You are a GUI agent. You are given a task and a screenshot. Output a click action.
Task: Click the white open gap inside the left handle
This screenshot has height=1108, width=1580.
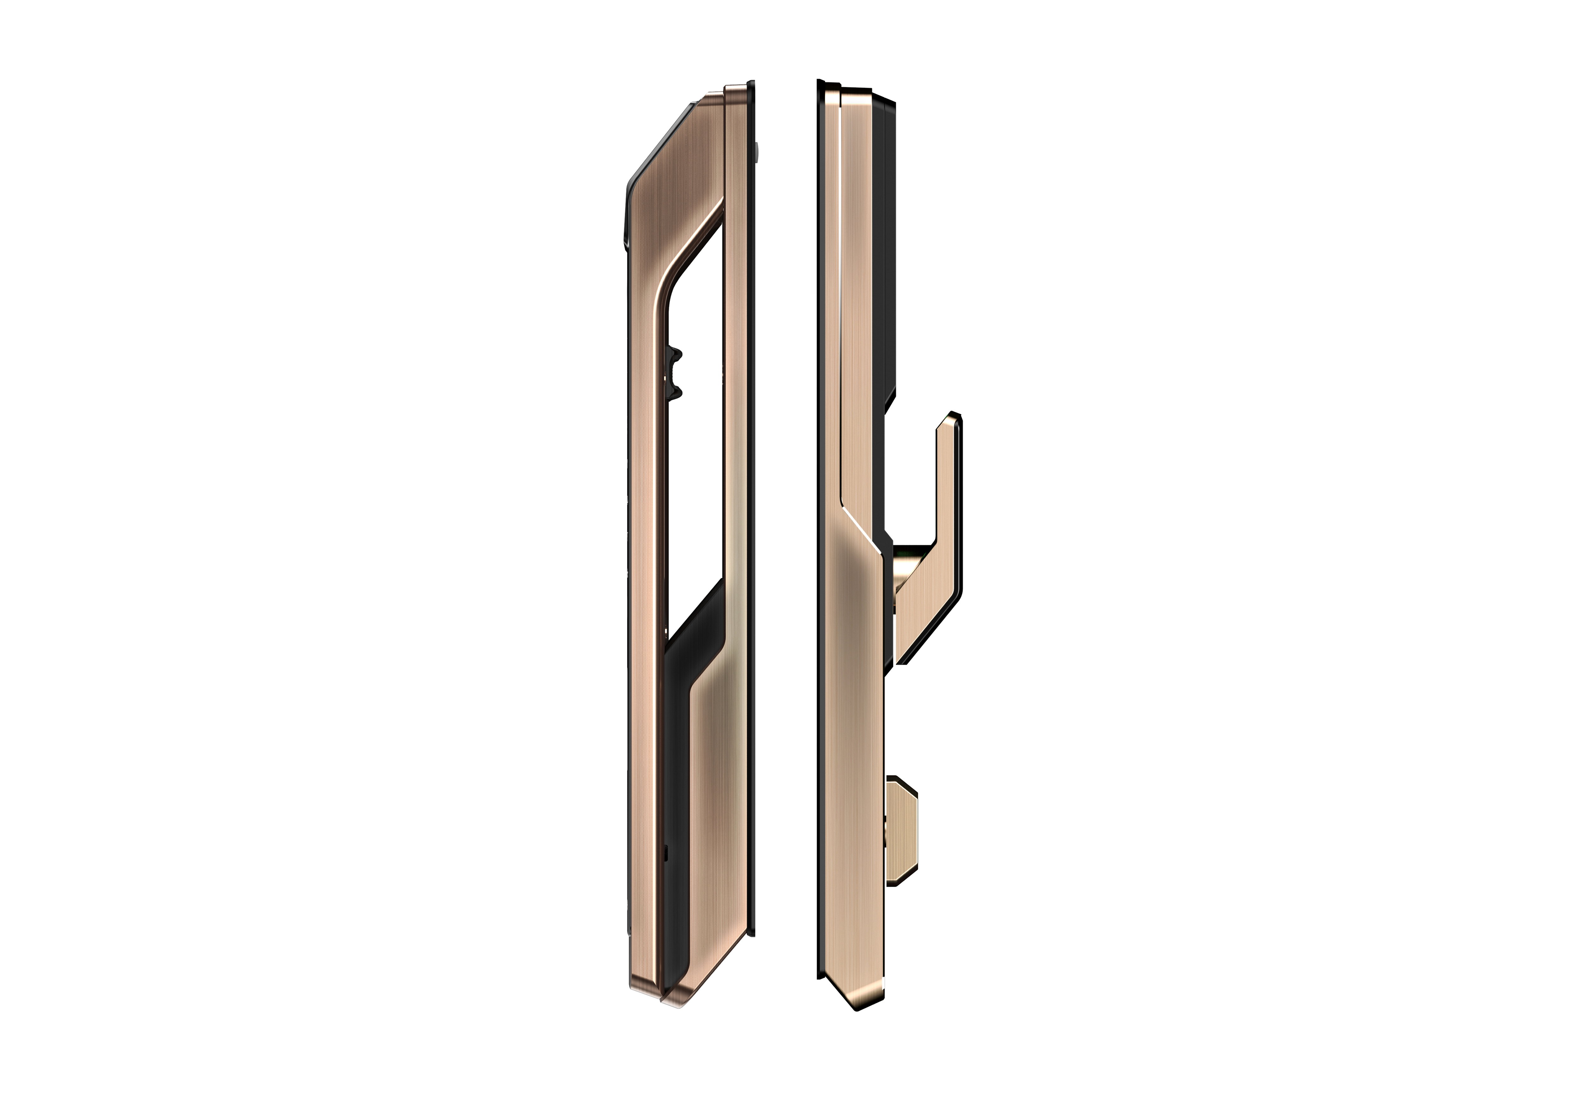[695, 426]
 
